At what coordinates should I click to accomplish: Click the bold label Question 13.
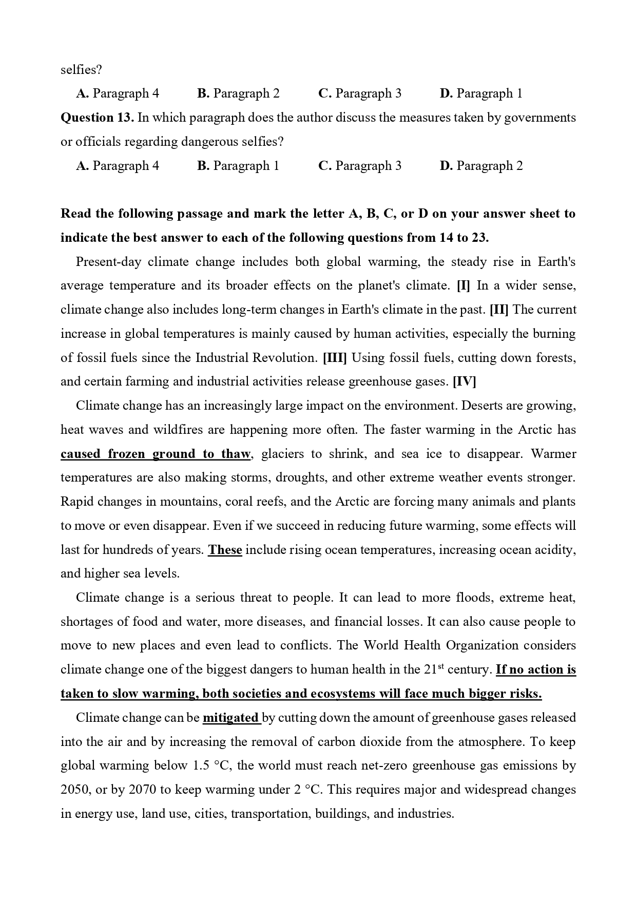[x=97, y=118]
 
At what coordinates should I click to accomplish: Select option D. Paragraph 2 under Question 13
[x=481, y=166]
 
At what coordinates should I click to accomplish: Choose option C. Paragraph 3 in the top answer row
[x=360, y=93]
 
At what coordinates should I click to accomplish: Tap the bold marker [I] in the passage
[x=463, y=286]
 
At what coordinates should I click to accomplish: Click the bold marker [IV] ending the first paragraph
[x=464, y=382]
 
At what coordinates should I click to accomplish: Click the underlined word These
[x=225, y=550]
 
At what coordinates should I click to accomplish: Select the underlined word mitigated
[x=231, y=718]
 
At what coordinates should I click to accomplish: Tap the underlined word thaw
[x=236, y=454]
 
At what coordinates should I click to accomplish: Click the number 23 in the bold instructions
[x=480, y=238]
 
